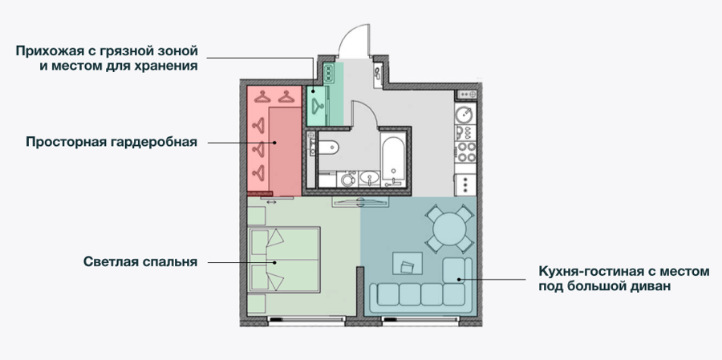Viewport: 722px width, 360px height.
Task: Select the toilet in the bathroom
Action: tap(327, 148)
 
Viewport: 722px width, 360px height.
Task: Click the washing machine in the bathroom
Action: tap(347, 179)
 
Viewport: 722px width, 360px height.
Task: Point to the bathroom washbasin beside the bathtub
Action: tap(369, 179)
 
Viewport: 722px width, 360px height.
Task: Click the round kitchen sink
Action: tap(465, 112)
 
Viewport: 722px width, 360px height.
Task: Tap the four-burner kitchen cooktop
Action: tap(465, 152)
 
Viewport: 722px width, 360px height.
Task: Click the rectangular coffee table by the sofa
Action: tap(407, 263)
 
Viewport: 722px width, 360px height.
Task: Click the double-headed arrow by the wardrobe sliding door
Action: tap(271, 202)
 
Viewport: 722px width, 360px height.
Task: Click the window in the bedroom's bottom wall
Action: tap(306, 318)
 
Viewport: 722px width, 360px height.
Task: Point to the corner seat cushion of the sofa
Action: tap(456, 271)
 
